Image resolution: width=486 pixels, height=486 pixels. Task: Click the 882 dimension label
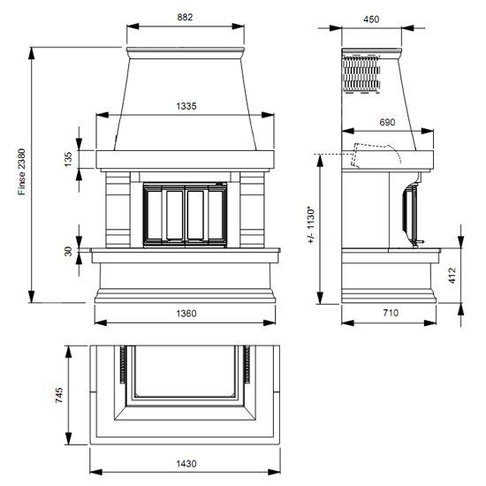pyautogui.click(x=185, y=17)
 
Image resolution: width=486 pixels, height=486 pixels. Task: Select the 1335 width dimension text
pyautogui.click(x=186, y=106)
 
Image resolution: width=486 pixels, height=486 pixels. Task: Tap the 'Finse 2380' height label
pyautogui.click(x=21, y=171)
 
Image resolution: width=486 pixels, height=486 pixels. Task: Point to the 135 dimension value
pyautogui.click(x=68, y=159)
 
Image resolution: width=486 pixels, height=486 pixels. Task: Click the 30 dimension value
pyautogui.click(x=68, y=251)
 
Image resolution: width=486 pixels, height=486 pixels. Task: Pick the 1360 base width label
pyautogui.click(x=186, y=314)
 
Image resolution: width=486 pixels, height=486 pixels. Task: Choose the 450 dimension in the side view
pyautogui.click(x=371, y=19)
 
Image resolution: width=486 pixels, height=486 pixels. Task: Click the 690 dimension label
pyautogui.click(x=387, y=122)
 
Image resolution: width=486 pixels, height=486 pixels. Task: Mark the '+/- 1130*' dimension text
pyautogui.click(x=311, y=224)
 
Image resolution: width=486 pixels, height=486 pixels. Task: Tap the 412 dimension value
pyautogui.click(x=452, y=276)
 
